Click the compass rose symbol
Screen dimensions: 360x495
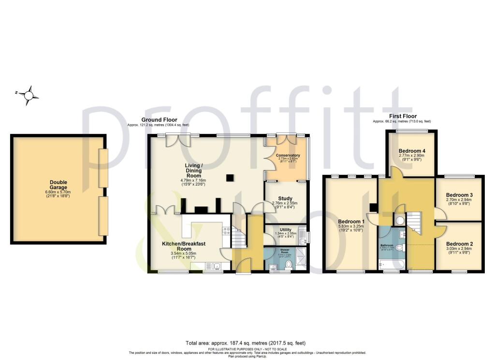pos(30,95)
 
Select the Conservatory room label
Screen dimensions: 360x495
pos(288,155)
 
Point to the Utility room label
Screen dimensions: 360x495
pos(286,230)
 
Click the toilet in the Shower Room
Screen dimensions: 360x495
pos(289,264)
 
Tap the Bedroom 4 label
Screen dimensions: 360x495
pos(410,150)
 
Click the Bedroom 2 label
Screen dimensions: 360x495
pos(459,244)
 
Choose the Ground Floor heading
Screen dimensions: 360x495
pos(159,120)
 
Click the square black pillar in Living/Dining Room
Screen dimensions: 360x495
pos(231,178)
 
